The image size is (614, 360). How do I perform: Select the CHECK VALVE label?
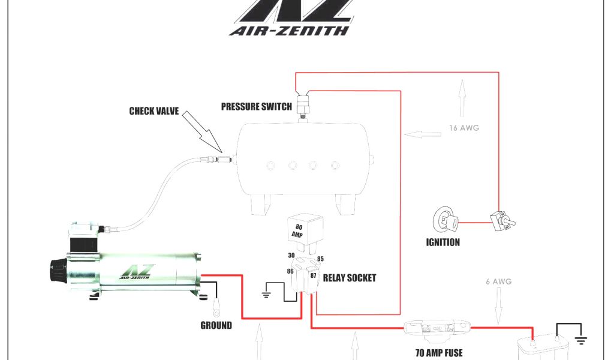pos(154,111)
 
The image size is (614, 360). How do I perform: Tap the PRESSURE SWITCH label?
pos(257,107)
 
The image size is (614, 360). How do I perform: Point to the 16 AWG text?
pos(465,128)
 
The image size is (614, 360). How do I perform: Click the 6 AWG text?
pos(498,281)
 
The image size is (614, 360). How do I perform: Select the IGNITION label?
pos(443,242)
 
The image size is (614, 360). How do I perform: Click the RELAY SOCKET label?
pos(350,278)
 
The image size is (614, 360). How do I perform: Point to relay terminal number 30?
pos(291,255)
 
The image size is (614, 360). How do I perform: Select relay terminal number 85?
pos(320,259)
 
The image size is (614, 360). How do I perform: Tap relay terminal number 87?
pos(313,275)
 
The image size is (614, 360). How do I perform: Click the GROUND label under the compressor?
pos(216,325)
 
